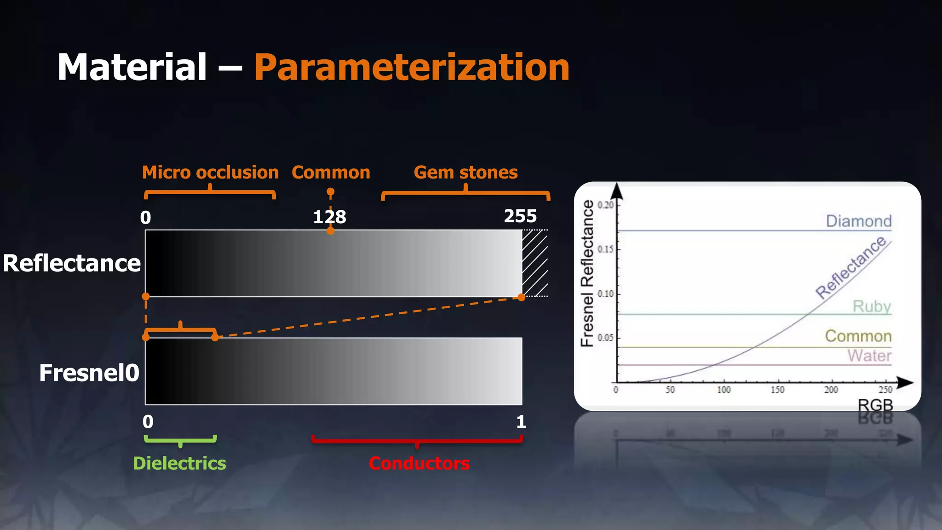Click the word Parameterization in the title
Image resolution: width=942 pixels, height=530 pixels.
tap(412, 68)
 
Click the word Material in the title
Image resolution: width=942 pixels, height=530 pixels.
tap(132, 68)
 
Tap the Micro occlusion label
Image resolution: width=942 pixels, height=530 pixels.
tap(210, 173)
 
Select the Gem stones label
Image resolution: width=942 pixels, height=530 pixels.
tap(465, 173)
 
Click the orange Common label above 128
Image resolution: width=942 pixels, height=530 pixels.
tap(331, 173)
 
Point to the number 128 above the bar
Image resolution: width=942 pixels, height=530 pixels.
tap(329, 217)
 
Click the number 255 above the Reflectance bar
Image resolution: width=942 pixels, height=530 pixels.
tap(520, 216)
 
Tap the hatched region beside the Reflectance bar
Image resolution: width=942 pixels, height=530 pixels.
tap(535, 263)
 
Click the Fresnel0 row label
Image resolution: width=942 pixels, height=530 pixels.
tap(89, 373)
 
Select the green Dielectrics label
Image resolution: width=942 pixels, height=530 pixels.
tap(179, 463)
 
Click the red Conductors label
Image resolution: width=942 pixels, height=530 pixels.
tap(419, 463)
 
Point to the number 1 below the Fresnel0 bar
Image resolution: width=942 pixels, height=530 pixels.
tap(521, 421)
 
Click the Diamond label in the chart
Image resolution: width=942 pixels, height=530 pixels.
tap(858, 221)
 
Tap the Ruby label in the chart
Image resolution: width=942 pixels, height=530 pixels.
tap(872, 306)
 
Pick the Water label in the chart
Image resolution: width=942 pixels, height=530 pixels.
tap(869, 356)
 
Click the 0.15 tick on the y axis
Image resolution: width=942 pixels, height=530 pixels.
tap(605, 249)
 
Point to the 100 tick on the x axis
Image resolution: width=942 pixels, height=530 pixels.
tap(724, 390)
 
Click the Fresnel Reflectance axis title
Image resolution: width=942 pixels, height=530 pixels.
tap(587, 273)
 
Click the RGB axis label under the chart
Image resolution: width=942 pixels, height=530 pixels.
tap(875, 405)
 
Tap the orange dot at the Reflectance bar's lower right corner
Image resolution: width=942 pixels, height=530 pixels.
tap(521, 297)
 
